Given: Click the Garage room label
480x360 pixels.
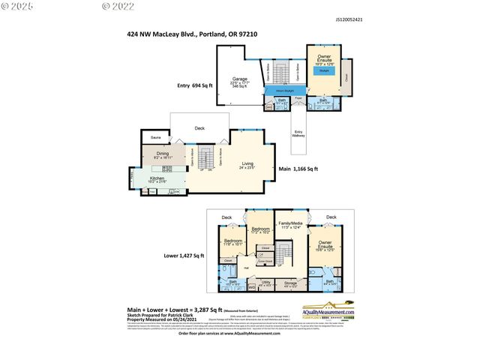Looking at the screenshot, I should point(239,78).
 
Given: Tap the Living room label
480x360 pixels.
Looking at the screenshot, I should point(247,163).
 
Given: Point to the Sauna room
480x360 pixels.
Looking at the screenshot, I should point(156,138).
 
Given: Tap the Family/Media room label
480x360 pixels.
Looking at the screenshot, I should point(290,224).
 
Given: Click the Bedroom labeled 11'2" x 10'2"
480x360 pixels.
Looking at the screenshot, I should point(260,229).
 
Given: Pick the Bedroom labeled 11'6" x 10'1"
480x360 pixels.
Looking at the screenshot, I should point(232,241).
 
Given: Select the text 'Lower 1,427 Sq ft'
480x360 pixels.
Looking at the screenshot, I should point(184,256).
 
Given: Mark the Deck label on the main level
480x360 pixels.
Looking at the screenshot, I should point(199,128).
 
